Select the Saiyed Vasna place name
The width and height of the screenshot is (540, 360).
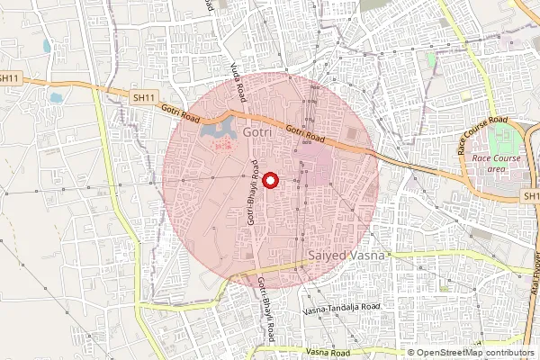346,256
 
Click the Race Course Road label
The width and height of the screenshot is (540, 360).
484,135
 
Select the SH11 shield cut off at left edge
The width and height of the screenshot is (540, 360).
8,78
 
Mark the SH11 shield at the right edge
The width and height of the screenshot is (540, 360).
531,195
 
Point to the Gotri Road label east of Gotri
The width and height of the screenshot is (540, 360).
304,132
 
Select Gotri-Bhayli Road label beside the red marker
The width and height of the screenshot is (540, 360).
255,192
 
